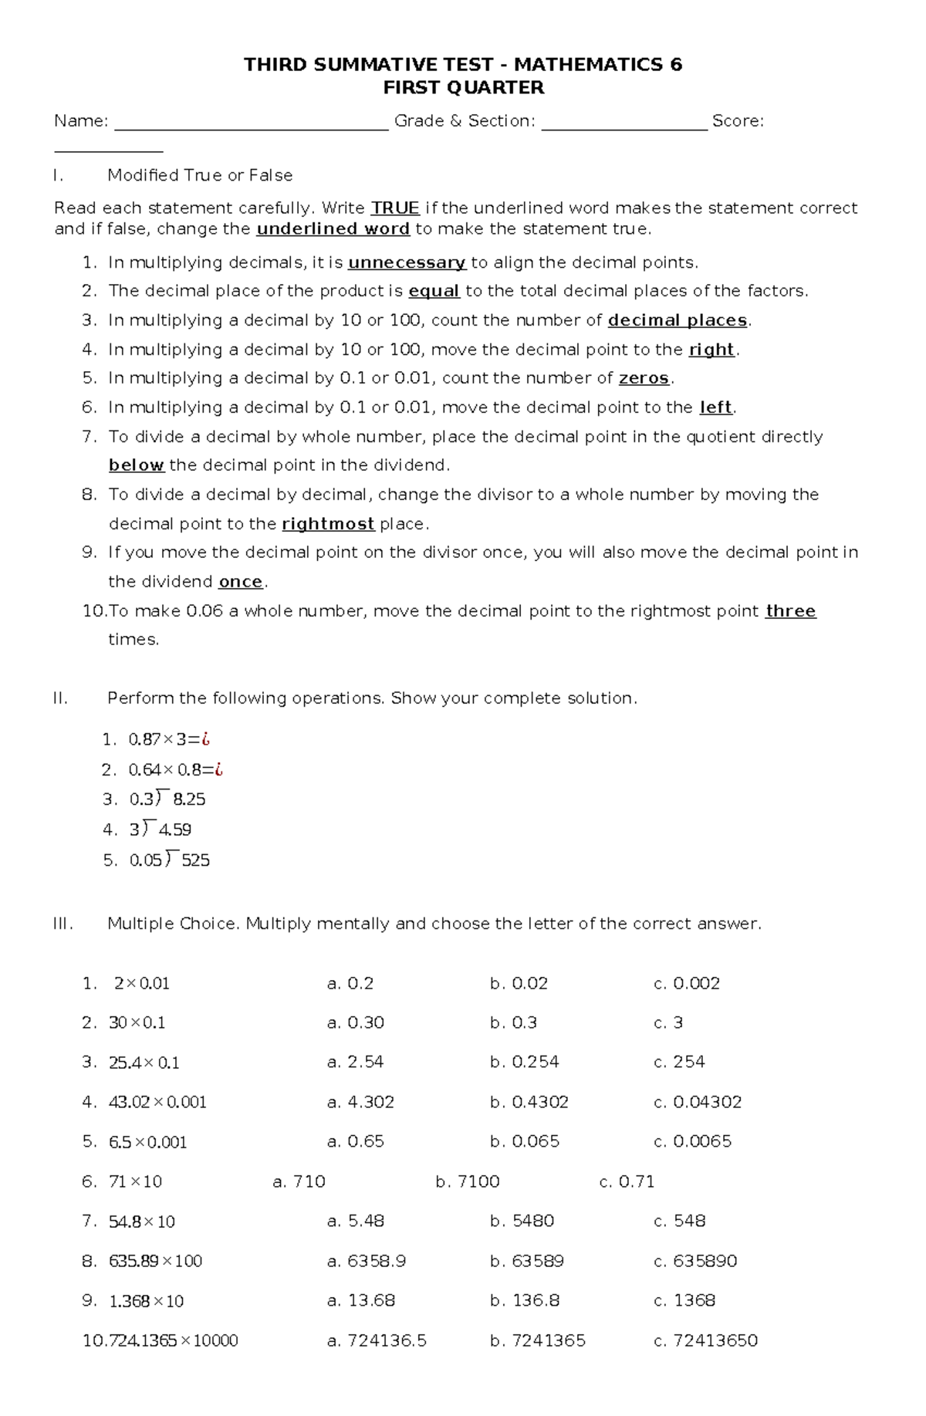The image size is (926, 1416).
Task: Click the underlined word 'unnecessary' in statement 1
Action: (407, 263)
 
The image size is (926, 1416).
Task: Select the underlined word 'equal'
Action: (434, 292)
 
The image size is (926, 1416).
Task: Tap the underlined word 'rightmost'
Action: (328, 525)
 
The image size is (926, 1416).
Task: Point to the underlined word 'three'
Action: (790, 611)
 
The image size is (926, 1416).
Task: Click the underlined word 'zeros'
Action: (644, 379)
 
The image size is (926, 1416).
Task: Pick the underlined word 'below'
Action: (136, 465)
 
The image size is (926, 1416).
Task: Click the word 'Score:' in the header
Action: (738, 121)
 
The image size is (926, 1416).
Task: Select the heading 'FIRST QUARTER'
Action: (463, 88)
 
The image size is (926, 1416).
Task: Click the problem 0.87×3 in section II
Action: (169, 740)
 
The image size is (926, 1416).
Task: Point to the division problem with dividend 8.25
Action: (167, 799)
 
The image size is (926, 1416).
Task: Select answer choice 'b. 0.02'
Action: (519, 984)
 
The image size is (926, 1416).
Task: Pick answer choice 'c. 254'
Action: (679, 1063)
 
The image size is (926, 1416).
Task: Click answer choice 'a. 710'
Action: (299, 1182)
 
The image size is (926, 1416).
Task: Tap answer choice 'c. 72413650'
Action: (705, 1341)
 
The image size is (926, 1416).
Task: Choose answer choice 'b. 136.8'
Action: (525, 1301)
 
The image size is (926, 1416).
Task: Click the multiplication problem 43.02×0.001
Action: (157, 1103)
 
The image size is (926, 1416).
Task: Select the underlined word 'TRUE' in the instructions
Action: (395, 208)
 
